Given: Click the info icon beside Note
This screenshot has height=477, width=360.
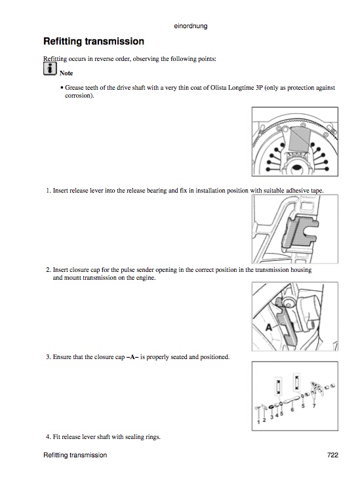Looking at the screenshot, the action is [50, 69].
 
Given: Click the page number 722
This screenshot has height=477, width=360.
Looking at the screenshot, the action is [332, 455].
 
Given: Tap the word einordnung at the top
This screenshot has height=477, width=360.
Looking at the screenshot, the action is [191, 26].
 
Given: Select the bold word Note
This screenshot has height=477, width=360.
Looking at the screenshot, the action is [66, 73].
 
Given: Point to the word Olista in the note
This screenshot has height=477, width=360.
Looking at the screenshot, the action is [218, 88].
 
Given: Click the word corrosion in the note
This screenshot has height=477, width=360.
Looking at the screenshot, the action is [79, 96].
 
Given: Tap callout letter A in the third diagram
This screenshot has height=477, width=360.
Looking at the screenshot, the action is [269, 328].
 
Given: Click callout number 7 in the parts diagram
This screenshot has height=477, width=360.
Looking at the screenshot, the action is [314, 406].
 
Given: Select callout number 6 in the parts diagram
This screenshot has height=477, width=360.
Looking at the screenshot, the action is [292, 410].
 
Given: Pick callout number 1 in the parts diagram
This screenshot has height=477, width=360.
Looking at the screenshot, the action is [258, 422].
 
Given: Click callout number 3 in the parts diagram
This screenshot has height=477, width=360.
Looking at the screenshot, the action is [272, 417].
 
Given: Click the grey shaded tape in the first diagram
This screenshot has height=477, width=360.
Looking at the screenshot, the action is [300, 139].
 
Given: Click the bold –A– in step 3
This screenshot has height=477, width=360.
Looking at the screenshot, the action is [132, 357].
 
